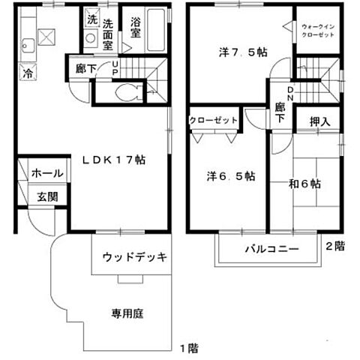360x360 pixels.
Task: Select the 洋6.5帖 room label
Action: click(x=232, y=177)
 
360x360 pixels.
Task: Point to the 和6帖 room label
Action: click(x=304, y=182)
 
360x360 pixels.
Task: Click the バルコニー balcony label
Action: click(x=271, y=248)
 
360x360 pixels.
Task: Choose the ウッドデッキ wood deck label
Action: click(x=134, y=257)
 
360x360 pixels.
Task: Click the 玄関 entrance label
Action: click(x=47, y=198)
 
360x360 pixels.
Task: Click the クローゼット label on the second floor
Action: click(x=213, y=120)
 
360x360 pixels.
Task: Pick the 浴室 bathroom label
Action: click(x=136, y=28)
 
